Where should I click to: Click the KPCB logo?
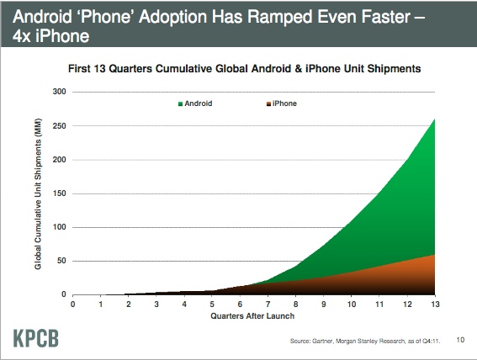point(36,338)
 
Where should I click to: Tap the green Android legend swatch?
point(180,104)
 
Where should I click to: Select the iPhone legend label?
point(284,103)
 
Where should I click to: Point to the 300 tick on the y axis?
point(59,92)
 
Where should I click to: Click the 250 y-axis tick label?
point(59,125)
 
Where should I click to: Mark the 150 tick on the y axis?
point(59,193)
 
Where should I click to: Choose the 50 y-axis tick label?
point(61,261)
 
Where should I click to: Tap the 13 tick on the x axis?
point(435,304)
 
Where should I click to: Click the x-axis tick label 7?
point(268,304)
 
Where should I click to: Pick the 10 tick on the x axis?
point(352,304)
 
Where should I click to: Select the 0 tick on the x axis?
point(72,304)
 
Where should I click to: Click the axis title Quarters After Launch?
point(252,316)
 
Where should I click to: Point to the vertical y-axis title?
point(38,193)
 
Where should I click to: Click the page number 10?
point(460,340)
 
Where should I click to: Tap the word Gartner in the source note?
point(323,341)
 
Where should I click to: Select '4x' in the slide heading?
point(22,36)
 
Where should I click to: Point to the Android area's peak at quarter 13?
point(435,119)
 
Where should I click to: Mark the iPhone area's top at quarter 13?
point(435,255)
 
